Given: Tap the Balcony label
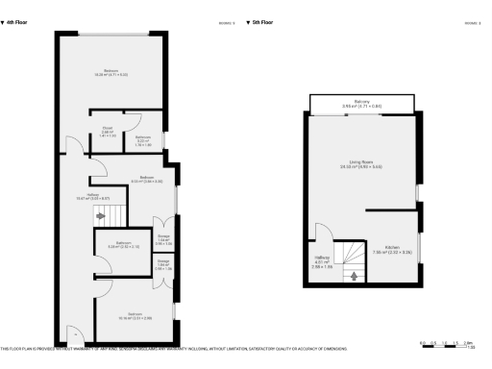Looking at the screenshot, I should [361, 103].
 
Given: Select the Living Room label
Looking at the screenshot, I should [361, 163].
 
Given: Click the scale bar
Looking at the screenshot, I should [448, 342].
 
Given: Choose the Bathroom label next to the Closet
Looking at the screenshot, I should [142, 139].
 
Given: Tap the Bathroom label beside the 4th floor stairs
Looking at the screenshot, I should [123, 244].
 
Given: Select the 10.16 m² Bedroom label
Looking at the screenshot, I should [135, 315].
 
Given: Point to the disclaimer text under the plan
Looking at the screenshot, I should [173, 348].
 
